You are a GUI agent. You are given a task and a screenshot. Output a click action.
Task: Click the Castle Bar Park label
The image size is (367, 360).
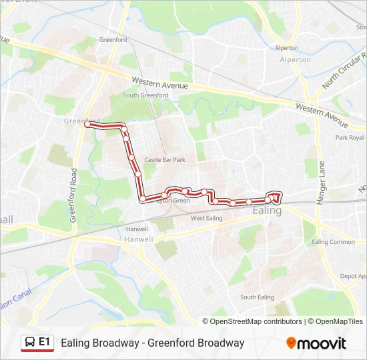[164, 160]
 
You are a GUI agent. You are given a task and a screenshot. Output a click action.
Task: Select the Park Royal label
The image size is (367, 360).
[350, 138]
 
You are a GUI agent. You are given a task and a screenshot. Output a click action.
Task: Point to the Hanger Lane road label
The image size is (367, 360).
[321, 182]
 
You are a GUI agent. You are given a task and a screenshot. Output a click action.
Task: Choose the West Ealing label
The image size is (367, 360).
[206, 218]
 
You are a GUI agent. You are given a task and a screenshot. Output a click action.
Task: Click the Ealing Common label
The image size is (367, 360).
[333, 242]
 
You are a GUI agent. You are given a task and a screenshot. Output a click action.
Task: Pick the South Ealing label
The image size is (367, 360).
[257, 297]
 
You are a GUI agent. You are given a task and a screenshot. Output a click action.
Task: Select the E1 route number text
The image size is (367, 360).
[45, 342]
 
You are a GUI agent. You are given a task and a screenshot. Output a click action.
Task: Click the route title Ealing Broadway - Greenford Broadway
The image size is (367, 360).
[152, 343]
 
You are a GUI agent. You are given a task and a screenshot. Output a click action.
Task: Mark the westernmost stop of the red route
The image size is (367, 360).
[87, 124]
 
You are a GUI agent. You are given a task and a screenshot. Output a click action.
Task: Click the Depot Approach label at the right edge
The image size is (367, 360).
[353, 275]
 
